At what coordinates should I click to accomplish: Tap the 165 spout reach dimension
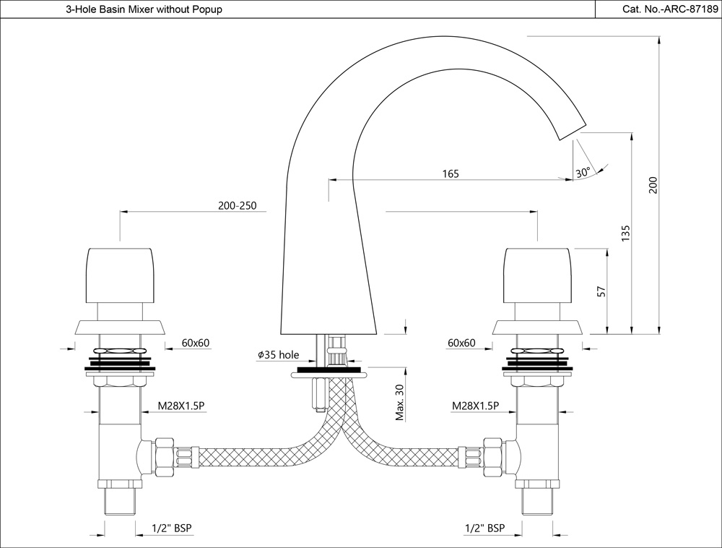coord(451,174)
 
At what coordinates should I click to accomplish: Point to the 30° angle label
coord(583,172)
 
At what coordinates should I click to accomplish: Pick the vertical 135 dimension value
coord(626,233)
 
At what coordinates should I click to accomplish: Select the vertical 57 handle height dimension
coord(600,291)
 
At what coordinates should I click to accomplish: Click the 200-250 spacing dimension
coord(237,205)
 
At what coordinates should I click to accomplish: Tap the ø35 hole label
coord(278,355)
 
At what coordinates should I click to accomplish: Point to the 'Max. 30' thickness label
coord(399,403)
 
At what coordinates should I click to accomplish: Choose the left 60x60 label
coord(196,343)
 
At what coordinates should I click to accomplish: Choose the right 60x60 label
coord(461,343)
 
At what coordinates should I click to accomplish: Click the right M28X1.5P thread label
coord(475,406)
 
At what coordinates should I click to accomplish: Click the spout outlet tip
coord(571,128)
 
